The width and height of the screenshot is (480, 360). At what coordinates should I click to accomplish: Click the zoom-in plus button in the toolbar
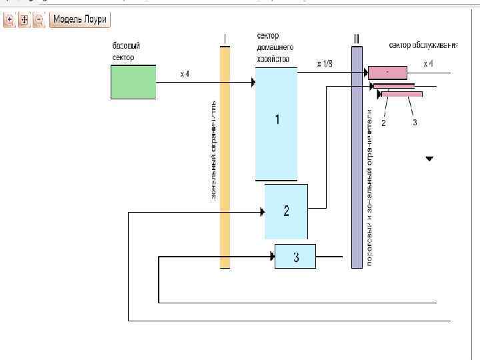click(x=10, y=20)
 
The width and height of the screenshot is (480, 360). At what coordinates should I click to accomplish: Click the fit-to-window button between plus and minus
click(x=25, y=20)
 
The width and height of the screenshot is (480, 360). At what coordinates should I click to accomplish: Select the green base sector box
click(x=133, y=82)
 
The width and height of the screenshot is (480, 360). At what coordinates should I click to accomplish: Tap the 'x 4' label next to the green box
click(x=185, y=74)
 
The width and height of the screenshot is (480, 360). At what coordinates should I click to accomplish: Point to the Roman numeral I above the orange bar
click(x=225, y=38)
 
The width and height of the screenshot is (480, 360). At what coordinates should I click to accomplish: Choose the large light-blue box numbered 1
click(x=277, y=123)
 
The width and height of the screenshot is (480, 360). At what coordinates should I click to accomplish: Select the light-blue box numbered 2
click(x=286, y=211)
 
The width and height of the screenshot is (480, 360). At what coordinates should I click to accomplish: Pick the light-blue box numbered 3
click(x=295, y=256)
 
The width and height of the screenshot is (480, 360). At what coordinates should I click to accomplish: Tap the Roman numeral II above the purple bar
click(x=357, y=39)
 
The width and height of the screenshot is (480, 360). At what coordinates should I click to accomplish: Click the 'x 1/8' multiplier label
click(x=325, y=64)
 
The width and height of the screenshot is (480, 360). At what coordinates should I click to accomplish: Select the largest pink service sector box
click(x=387, y=72)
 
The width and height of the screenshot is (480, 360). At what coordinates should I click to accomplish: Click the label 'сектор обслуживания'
click(x=423, y=45)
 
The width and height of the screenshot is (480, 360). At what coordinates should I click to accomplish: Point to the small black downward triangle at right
click(x=429, y=159)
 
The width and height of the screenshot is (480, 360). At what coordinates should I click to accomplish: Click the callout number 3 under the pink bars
click(x=414, y=123)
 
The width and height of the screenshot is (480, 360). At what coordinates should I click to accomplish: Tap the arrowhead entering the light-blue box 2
click(x=262, y=212)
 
